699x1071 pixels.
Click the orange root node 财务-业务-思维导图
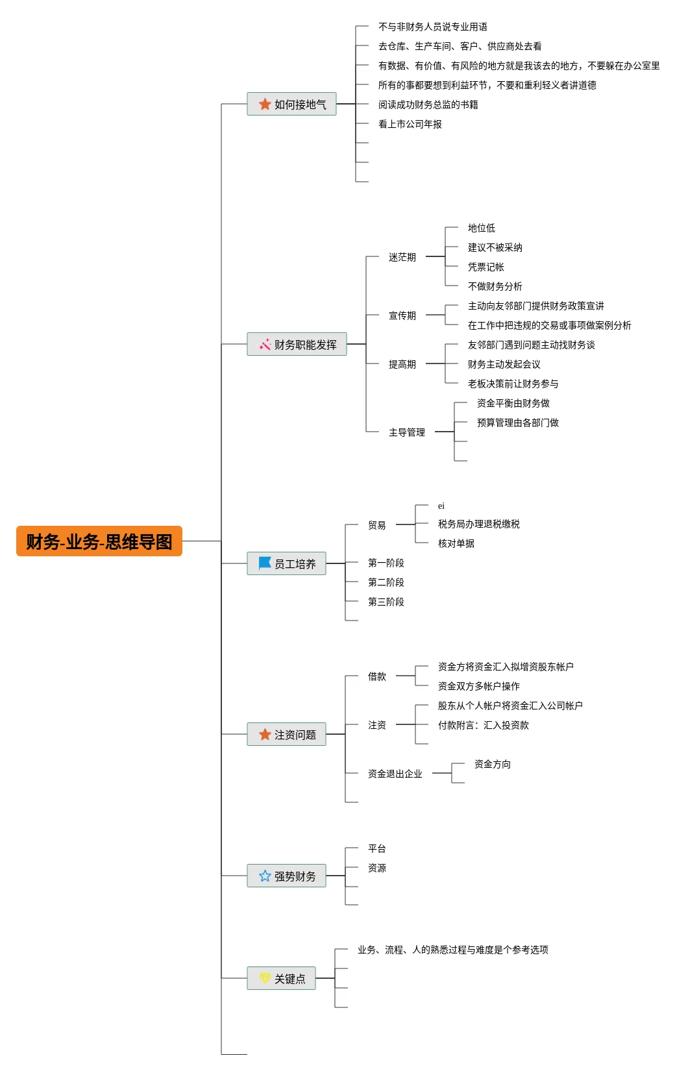point(99,541)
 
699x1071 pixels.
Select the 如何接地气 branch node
point(291,104)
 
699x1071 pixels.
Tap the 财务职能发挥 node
point(297,344)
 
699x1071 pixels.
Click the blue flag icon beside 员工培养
point(265,563)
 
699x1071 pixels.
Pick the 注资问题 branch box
point(286,734)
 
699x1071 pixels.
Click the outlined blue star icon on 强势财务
point(265,876)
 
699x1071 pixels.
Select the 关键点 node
point(281,978)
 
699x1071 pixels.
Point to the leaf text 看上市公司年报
point(410,124)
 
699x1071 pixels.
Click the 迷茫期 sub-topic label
point(402,257)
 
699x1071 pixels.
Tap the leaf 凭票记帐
point(485,267)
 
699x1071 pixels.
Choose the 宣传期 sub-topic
point(402,315)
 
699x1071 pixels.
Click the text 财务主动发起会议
point(504,364)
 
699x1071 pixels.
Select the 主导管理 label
point(406,432)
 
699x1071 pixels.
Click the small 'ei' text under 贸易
point(441,506)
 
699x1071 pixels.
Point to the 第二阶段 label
point(386,582)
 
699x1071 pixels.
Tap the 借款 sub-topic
point(376,676)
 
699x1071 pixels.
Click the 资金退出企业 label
point(395,774)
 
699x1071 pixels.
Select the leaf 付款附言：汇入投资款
point(483,725)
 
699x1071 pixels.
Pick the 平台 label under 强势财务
point(376,848)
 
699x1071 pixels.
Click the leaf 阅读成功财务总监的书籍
point(428,105)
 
